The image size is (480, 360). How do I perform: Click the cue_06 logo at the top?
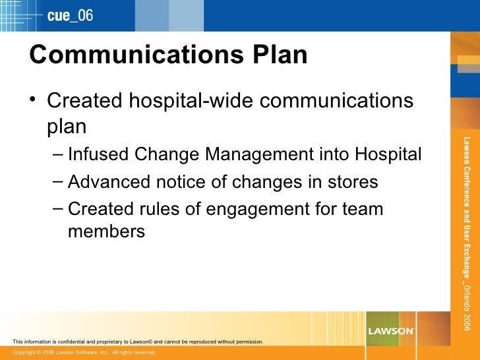click(70, 15)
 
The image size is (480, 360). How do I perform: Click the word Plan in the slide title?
click(280, 55)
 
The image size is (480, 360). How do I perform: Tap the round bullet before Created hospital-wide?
click(33, 101)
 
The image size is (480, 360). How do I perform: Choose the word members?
click(106, 231)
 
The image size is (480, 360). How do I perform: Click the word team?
click(362, 210)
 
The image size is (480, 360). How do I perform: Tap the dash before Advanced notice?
click(57, 181)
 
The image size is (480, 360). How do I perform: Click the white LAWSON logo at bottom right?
click(391, 330)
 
